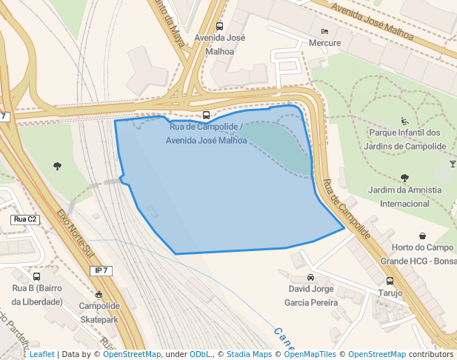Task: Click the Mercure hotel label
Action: [x=324, y=43]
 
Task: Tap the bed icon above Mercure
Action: [x=324, y=31]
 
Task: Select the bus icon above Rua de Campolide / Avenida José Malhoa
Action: [x=206, y=115]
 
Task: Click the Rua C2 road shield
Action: [x=25, y=219]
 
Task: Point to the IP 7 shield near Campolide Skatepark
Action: [x=102, y=271]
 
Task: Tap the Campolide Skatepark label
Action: [x=99, y=312]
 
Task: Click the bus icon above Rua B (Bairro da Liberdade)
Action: [x=36, y=276]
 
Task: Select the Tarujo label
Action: [x=390, y=293]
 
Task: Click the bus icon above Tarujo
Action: [x=390, y=281]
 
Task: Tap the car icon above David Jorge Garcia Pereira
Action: [x=310, y=277]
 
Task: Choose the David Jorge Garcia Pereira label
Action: [x=311, y=296]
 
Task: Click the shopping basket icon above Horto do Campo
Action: [x=421, y=236]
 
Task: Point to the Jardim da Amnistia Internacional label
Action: [x=404, y=196]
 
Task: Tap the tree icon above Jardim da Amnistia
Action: [x=404, y=178]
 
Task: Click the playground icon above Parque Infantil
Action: [x=404, y=121]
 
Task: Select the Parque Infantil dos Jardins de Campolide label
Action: [x=404, y=139]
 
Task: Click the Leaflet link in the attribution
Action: [x=41, y=354]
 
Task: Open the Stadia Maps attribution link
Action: [x=249, y=354]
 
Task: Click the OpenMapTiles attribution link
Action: [x=310, y=354]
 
